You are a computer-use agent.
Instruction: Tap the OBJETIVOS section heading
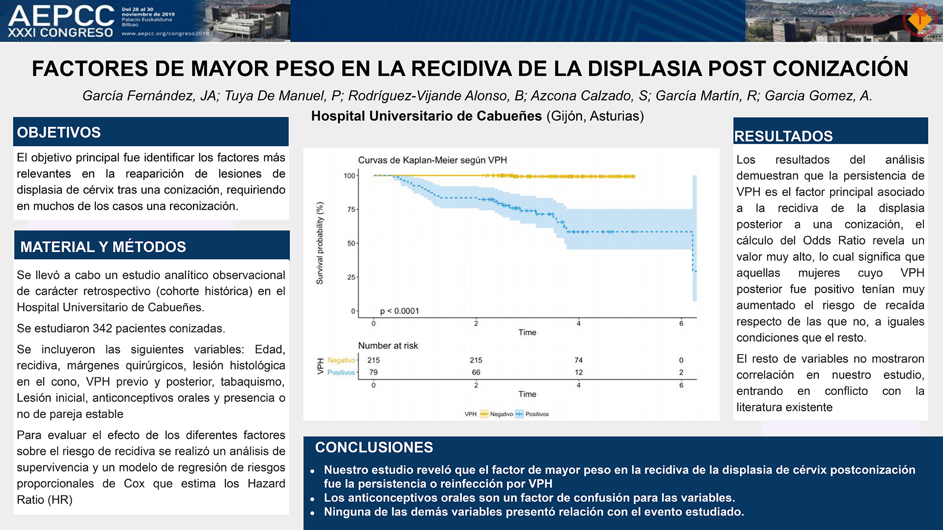(59, 133)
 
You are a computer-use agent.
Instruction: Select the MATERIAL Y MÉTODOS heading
(103, 247)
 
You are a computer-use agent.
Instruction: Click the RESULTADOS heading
(783, 136)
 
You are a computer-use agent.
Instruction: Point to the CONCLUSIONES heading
(374, 447)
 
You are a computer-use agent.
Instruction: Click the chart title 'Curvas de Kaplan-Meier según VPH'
(432, 160)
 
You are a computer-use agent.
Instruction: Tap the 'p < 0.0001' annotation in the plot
(399, 311)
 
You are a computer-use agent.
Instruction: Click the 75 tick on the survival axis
(351, 209)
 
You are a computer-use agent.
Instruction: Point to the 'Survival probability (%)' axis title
(320, 243)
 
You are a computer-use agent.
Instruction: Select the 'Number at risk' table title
(388, 346)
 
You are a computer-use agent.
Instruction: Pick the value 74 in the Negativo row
(579, 360)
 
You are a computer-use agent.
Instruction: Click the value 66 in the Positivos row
(476, 372)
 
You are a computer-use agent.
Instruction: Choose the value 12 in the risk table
(579, 372)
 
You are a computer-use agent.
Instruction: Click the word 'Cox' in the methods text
(134, 484)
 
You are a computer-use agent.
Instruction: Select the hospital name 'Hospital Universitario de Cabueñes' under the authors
(426, 116)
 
